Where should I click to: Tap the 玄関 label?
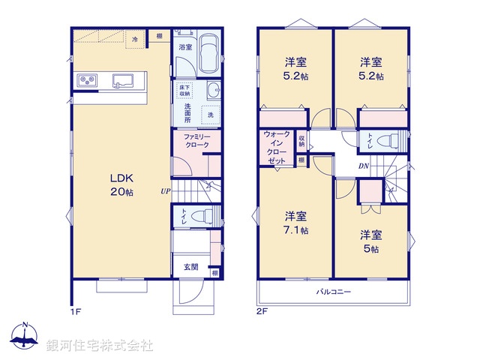pos(190,266)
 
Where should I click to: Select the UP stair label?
pos(163,191)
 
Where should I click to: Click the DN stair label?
pos(362,166)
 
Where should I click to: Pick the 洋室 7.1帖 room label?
pos(294,224)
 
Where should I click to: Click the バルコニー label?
pos(333,292)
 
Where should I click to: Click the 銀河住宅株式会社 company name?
pos(99,346)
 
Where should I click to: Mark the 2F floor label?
pos(261,307)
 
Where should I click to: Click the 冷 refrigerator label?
pos(135,38)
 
